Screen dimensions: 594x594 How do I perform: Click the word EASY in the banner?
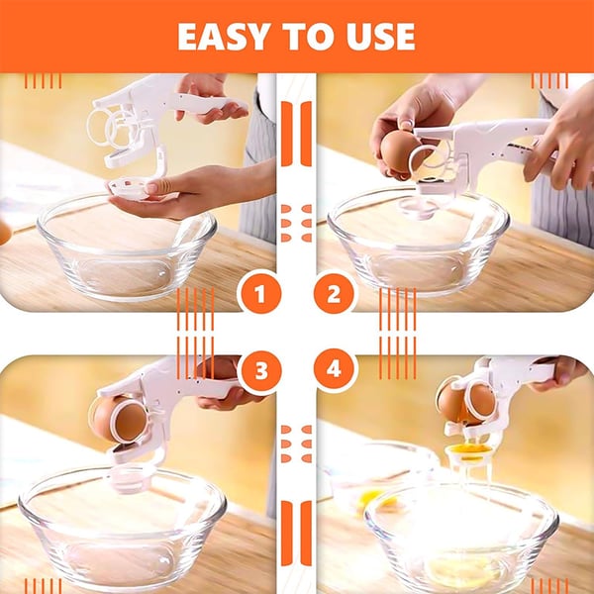coord(224,37)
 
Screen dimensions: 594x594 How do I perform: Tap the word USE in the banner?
coord(381,37)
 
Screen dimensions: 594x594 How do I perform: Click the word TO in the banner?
coord(308,37)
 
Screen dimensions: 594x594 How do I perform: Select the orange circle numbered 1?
coord(259,294)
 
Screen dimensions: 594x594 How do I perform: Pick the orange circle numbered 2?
coord(334,294)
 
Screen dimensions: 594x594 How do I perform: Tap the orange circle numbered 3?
coord(261,370)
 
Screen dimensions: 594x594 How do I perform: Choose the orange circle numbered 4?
coord(334,369)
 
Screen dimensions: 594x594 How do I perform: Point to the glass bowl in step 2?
coord(418,243)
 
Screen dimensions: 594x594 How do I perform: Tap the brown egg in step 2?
coord(401,150)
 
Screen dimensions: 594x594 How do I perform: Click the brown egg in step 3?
coord(120,420)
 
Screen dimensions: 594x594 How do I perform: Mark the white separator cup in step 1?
coord(131,188)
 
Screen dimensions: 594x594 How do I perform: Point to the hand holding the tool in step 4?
coord(556,373)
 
